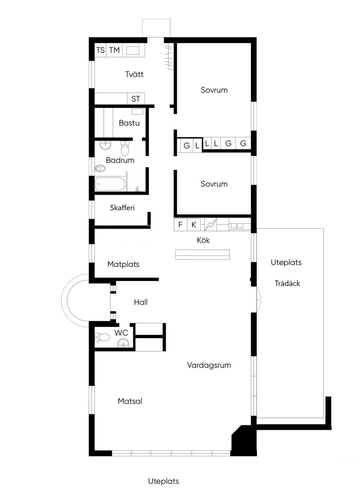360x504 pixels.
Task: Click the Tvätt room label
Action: pos(134,74)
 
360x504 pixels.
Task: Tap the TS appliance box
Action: pos(100,50)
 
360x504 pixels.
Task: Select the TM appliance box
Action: pos(114,50)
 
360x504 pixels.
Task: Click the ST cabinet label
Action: pos(136,99)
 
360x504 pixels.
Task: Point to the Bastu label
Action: pos(129,123)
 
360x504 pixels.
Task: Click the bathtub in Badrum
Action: pos(110,184)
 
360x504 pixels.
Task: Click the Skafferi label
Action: pos(122,208)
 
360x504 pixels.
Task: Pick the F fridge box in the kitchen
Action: pos(180,224)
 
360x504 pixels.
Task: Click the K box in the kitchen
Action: pos(194,224)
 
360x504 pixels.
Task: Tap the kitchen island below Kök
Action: pos(202,255)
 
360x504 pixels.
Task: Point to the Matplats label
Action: pos(123,264)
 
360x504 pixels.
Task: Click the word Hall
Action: pos(141,302)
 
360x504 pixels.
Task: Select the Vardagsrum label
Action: pos(209,365)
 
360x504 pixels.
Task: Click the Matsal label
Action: pos(130,401)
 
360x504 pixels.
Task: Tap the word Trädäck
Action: pos(287,283)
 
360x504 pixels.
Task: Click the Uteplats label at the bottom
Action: pos(163,481)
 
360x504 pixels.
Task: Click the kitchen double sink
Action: pos(237,226)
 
